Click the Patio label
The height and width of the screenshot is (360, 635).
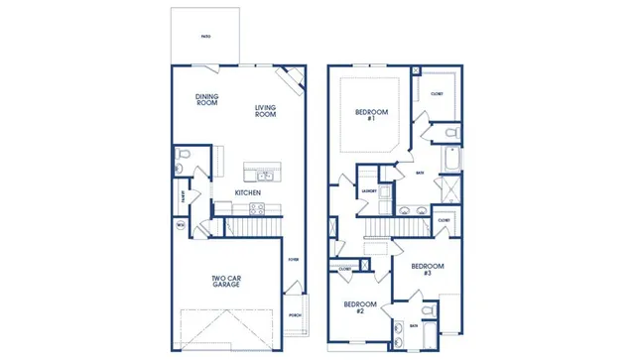[x=205, y=36]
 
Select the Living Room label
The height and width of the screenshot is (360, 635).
[x=265, y=111]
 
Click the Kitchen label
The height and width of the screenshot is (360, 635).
[x=247, y=192]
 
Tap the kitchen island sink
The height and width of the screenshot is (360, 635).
[x=265, y=177]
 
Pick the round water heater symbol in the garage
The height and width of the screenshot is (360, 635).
[x=181, y=226]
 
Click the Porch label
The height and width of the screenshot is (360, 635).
[x=295, y=315]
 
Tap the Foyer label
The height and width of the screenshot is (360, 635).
[x=293, y=260]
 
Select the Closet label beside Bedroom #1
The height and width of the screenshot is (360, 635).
[x=437, y=94]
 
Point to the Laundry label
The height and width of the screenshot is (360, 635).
[x=368, y=190]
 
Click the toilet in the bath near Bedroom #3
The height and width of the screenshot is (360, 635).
[x=428, y=311]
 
